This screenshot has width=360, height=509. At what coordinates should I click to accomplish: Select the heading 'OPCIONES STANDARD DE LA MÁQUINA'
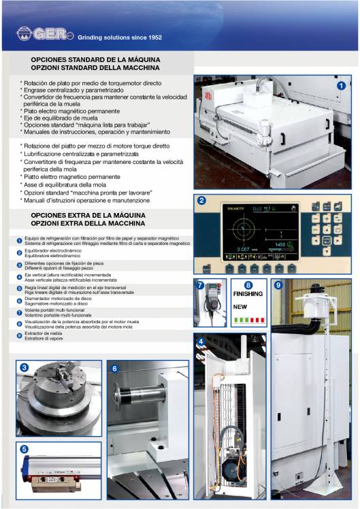95,61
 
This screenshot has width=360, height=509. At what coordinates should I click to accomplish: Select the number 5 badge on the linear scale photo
24,449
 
